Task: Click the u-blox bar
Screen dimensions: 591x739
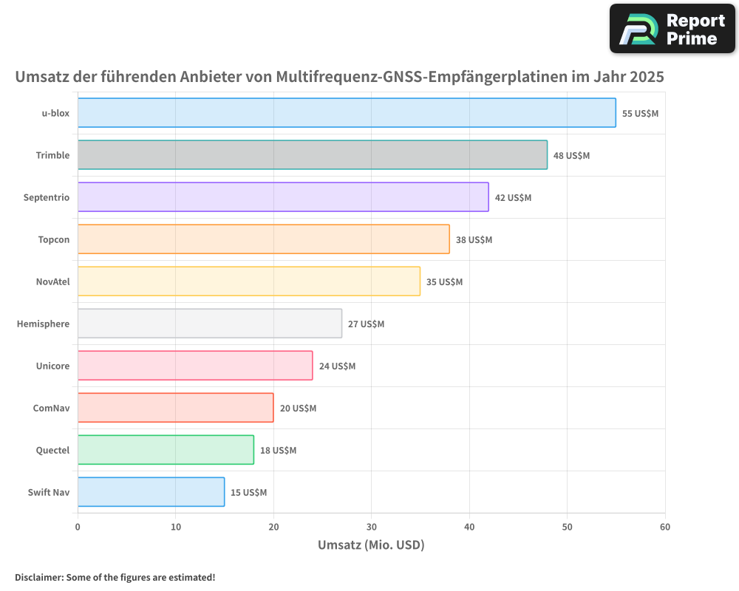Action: tap(347, 113)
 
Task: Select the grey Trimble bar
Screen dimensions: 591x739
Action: tap(312, 155)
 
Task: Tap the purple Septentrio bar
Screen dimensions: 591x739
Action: tap(283, 197)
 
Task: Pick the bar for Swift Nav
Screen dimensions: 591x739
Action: tap(151, 492)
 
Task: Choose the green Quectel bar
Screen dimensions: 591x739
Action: tap(166, 450)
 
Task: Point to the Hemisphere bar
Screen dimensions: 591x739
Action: tap(210, 324)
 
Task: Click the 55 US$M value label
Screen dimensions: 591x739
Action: tap(640, 114)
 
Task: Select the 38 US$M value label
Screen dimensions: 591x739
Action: tap(474, 240)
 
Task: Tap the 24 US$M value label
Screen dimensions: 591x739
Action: tap(337, 366)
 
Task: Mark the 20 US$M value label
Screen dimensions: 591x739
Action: tap(298, 409)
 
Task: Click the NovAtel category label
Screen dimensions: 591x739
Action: tap(52, 281)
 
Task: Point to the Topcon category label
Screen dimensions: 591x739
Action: tap(54, 239)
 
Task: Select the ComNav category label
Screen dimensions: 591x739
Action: tap(52, 408)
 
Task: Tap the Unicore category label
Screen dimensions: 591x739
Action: tap(52, 366)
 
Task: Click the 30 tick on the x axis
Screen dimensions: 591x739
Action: tap(371, 527)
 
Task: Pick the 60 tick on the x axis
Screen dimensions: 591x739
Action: tap(665, 527)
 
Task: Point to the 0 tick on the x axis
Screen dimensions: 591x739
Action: tap(78, 527)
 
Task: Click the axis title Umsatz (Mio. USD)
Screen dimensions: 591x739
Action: tap(371, 545)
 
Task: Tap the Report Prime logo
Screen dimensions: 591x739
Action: tap(672, 29)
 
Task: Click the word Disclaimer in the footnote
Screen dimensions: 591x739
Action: tap(38, 577)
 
